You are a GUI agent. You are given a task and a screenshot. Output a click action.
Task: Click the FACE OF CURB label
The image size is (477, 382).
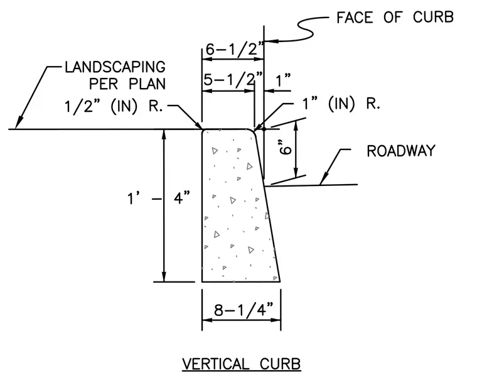(x=395, y=17)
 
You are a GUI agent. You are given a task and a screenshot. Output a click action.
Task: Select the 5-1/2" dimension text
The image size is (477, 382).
(x=233, y=80)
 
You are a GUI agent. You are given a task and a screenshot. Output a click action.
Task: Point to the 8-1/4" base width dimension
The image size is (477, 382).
(x=244, y=310)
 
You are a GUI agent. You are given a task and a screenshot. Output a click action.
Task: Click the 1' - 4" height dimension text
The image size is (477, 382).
(x=158, y=199)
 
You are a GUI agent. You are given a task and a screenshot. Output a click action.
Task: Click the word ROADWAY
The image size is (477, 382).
(x=401, y=151)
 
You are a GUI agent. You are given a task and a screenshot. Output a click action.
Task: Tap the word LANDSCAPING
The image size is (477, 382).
(x=115, y=67)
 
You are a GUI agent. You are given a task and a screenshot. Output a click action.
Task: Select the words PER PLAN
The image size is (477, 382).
(x=127, y=84)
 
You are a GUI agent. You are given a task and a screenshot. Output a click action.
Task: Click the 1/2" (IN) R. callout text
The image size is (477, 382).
(x=114, y=106)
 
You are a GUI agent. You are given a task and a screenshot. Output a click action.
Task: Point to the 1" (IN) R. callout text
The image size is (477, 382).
(x=341, y=104)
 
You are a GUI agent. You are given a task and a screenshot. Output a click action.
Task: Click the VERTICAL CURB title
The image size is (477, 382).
(x=242, y=364)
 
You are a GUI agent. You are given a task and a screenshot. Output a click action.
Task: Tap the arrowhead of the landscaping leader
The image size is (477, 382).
(x=18, y=123)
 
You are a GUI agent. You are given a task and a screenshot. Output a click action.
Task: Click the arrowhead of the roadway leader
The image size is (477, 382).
(x=323, y=179)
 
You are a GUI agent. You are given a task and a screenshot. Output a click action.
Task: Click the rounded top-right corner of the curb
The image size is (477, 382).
(x=254, y=131)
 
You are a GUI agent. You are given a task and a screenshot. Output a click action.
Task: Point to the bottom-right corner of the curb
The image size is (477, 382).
(x=280, y=281)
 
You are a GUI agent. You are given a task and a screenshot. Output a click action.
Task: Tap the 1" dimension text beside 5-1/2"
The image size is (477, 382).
(x=283, y=81)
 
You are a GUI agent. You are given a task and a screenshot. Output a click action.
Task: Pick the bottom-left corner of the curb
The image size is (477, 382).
(x=202, y=281)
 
